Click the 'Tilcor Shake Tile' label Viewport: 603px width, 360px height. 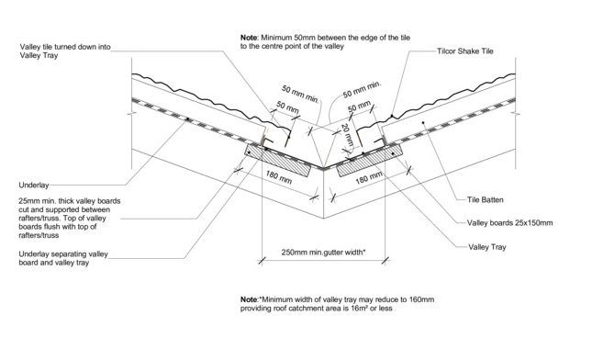coord(465,51)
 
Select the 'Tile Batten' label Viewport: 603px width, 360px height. coord(485,199)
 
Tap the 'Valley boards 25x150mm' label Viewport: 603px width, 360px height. coord(509,222)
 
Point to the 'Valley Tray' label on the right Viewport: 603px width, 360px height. coord(486,247)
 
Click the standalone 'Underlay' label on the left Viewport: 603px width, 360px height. coord(34,186)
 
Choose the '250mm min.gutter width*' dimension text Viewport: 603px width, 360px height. coord(323,253)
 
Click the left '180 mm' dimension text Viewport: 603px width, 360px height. coord(279,177)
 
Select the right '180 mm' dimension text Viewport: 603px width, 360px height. coord(368,177)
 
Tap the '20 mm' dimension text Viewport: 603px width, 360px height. coord(348,135)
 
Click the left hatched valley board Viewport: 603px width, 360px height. coord(278,161)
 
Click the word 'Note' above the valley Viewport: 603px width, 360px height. coord(249,38)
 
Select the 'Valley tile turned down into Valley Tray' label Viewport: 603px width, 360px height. coord(65,51)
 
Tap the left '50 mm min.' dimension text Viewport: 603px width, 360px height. coord(300,95)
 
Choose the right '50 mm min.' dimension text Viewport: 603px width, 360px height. coord(362,89)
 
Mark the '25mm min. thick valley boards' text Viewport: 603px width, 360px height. coord(70,201)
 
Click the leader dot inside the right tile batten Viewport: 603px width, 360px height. coord(423,123)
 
